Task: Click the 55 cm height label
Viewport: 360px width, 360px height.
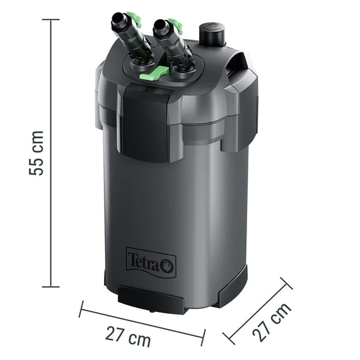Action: coord(38,152)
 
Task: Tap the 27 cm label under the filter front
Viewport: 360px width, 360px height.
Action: coord(128,336)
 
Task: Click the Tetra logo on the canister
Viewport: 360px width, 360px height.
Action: coord(151,262)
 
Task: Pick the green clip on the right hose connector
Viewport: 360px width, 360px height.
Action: coord(176,26)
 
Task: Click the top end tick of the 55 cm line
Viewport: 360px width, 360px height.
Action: coord(50,19)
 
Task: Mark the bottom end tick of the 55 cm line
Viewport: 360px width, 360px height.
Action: coord(50,287)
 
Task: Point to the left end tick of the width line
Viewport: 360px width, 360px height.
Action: coord(81,310)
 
